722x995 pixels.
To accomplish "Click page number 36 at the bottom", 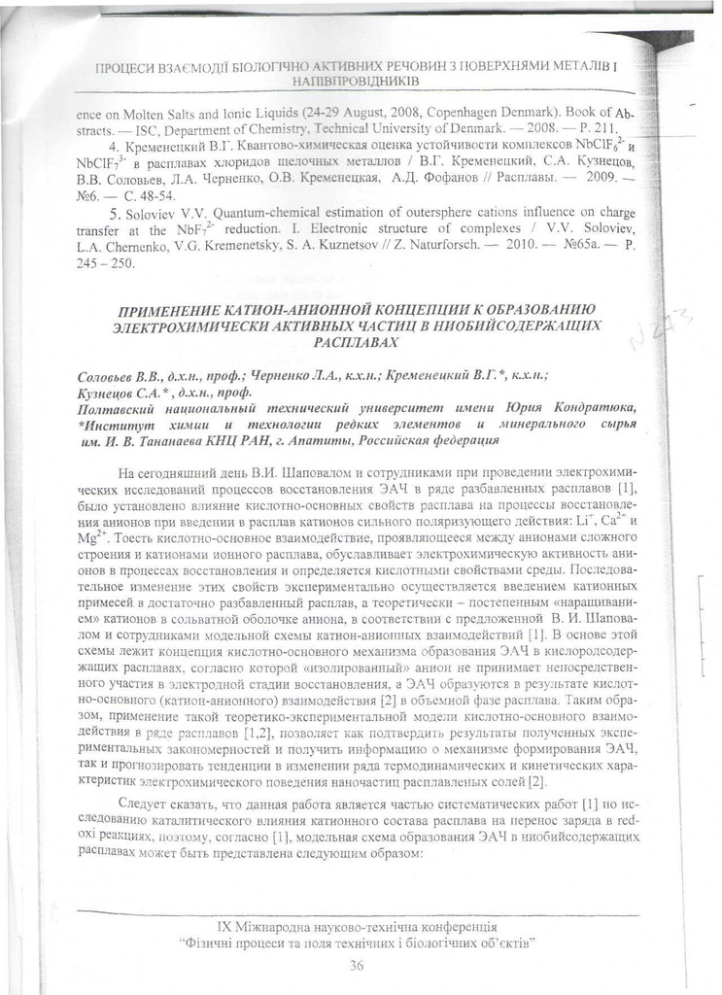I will [357, 965].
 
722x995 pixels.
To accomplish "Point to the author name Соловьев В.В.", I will [110, 376].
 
